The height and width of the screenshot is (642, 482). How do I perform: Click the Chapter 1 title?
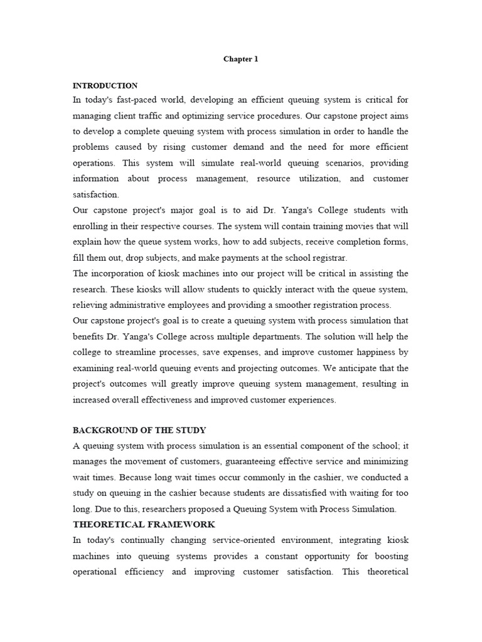pos(241,59)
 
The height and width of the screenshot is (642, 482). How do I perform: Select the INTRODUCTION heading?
pos(105,85)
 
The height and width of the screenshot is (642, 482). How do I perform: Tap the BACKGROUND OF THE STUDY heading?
pos(139,430)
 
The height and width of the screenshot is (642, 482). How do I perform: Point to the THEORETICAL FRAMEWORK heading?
pos(144,524)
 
